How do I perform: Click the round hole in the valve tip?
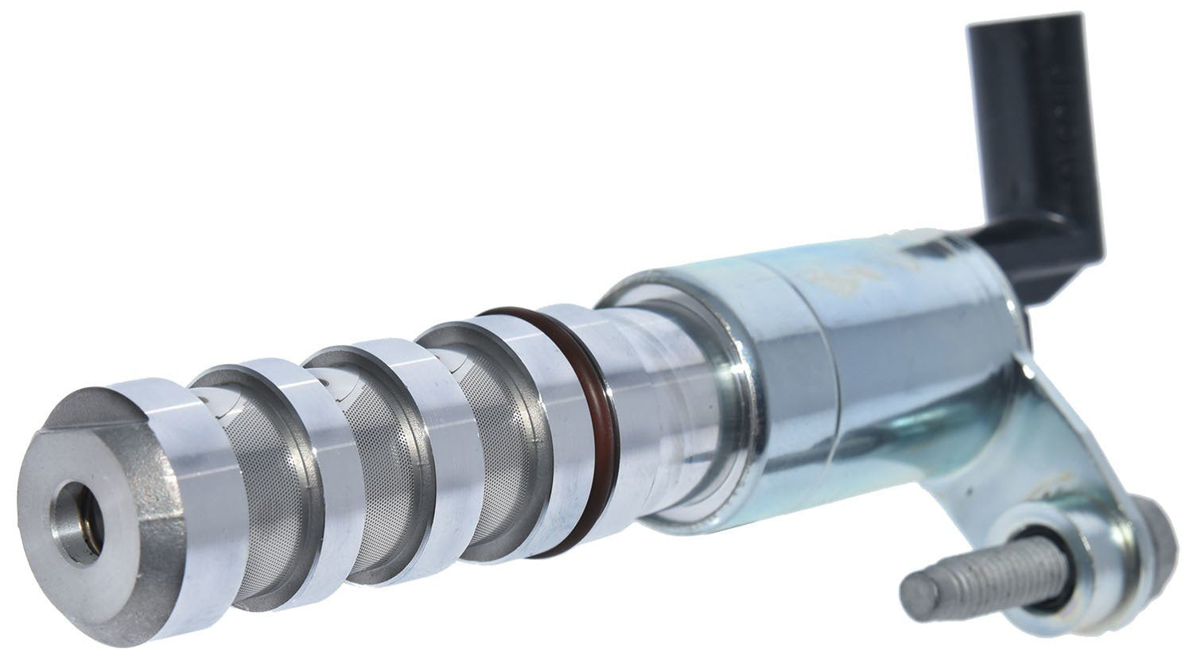78,524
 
